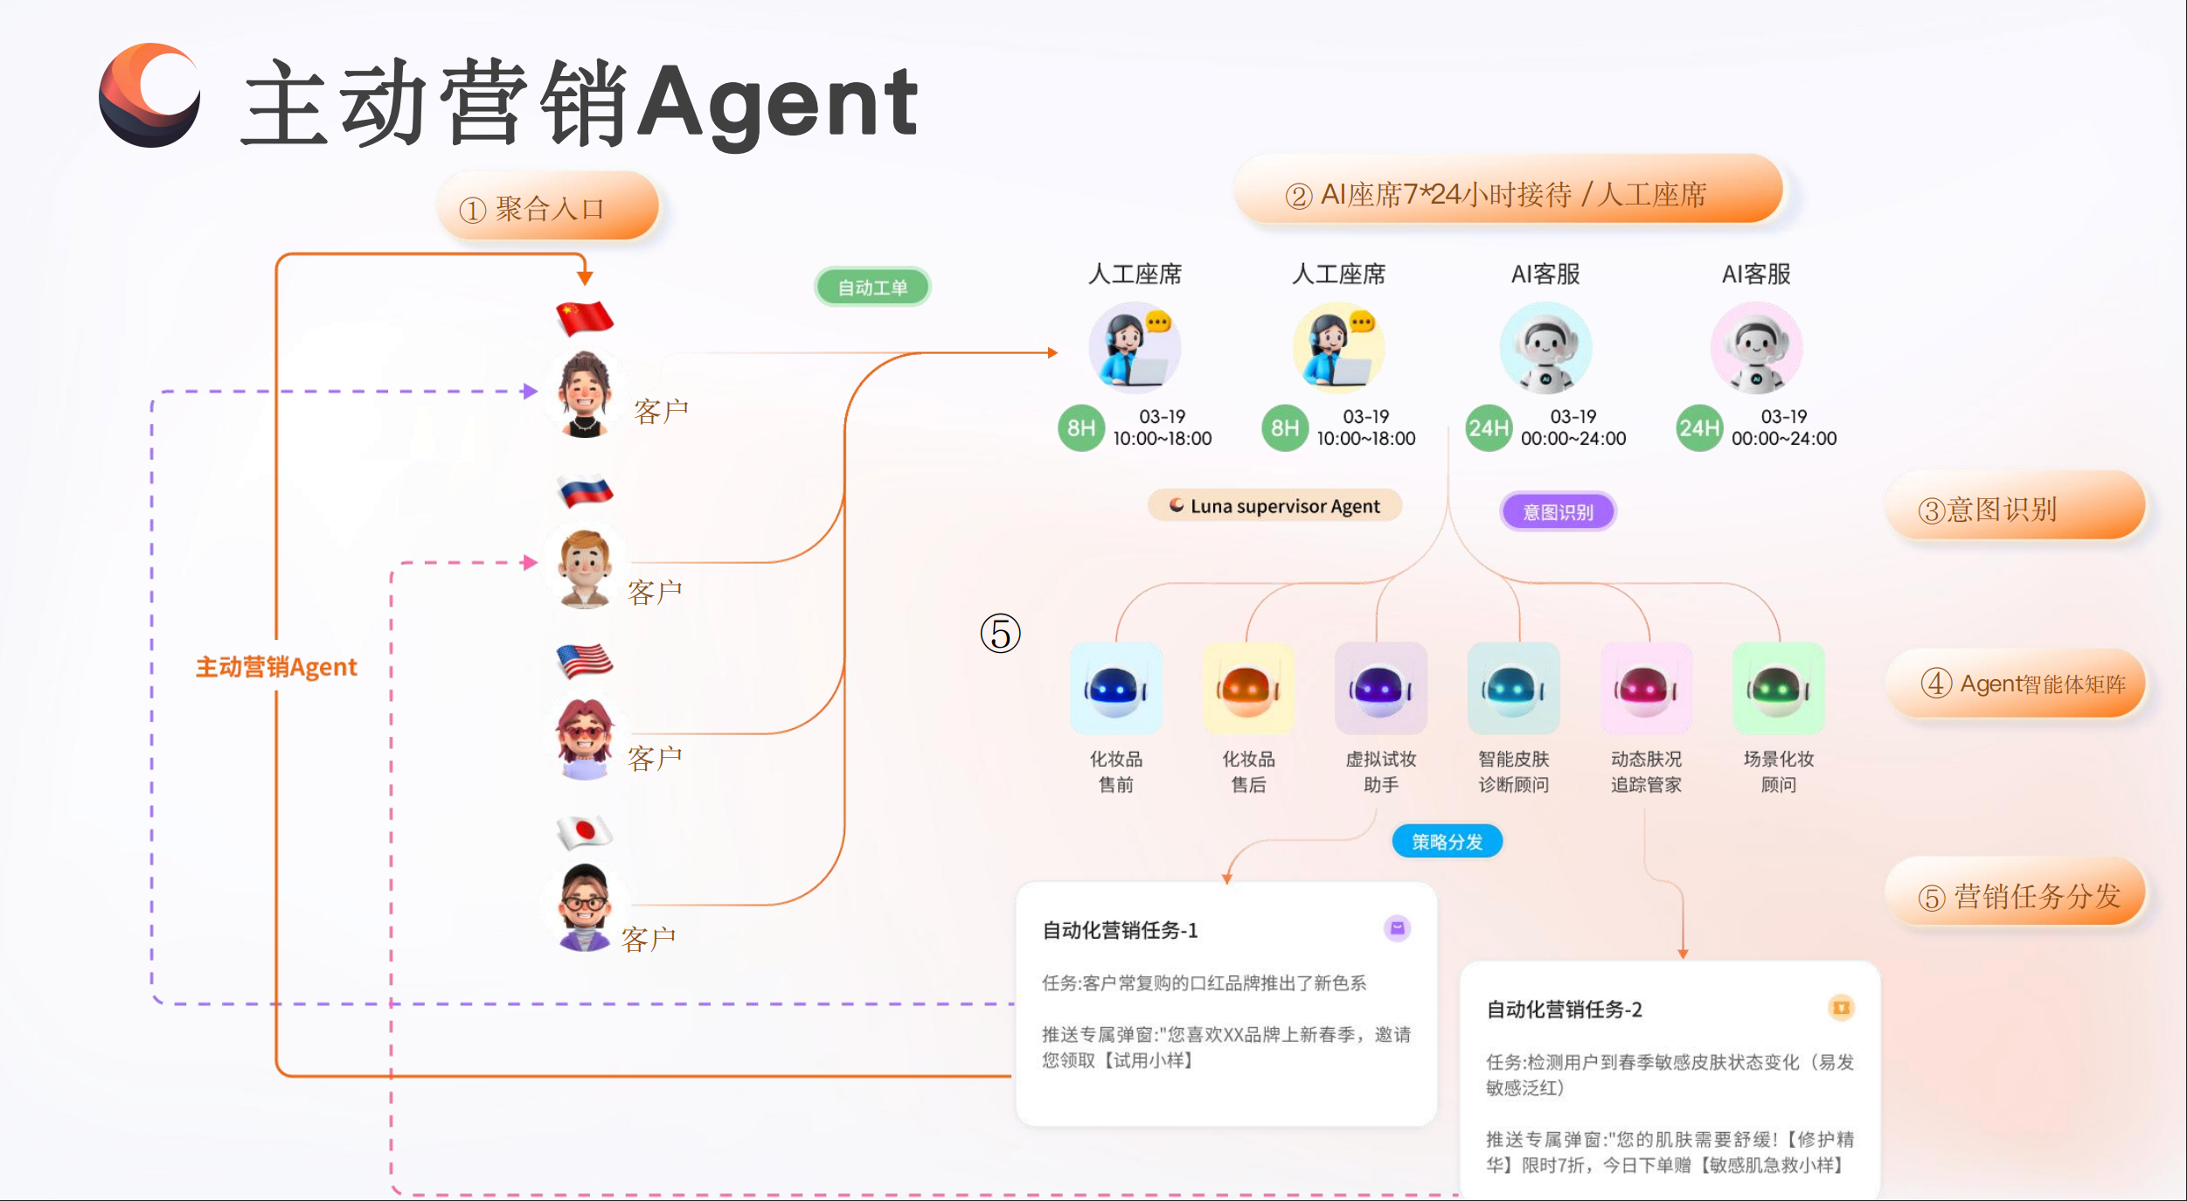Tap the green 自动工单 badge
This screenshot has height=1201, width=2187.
tap(872, 288)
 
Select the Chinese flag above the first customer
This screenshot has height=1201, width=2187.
tap(585, 317)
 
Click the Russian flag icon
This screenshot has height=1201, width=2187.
tap(585, 490)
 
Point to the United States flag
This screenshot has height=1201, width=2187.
tap(585, 661)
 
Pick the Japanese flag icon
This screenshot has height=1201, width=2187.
tap(585, 831)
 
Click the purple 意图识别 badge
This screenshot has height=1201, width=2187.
tap(1558, 512)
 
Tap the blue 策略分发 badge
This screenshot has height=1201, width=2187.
tap(1448, 842)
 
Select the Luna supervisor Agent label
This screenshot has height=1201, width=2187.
tap(1275, 506)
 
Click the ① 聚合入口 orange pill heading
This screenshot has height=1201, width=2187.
tap(548, 207)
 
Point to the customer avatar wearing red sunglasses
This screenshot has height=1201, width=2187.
tap(584, 739)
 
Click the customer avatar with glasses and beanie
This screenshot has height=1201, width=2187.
tap(584, 907)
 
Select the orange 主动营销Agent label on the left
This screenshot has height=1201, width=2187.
tap(276, 667)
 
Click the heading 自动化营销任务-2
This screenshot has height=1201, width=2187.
tap(1564, 1010)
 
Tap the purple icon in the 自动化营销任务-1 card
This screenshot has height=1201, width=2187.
tap(1397, 928)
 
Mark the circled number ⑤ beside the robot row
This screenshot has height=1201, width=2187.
tap(1000, 634)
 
